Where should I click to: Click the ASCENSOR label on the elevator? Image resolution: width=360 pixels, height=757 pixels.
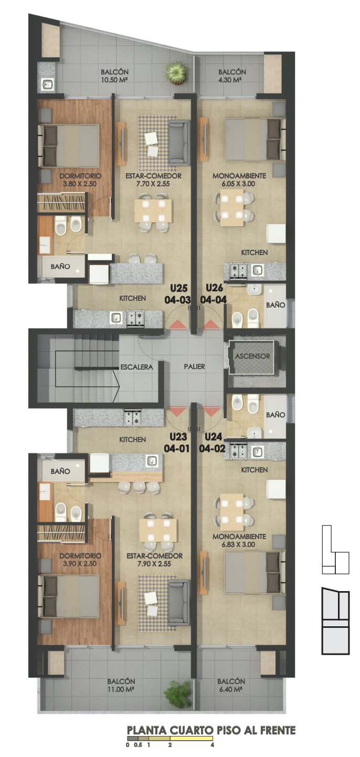252,356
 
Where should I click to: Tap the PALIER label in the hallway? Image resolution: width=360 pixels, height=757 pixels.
194,366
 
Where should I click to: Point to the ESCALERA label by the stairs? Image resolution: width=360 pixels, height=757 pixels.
136,367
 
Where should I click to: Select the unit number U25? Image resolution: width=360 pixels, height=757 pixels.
178,288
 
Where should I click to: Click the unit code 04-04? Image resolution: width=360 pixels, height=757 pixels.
213,300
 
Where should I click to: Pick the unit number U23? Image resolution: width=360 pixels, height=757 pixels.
178,437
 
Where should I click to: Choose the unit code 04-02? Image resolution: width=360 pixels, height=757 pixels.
212,448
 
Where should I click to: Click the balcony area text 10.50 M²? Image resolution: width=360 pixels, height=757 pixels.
114,80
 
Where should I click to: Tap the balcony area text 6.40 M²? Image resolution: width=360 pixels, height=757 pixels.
231,689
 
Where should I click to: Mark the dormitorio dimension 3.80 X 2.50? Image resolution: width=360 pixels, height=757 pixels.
80,184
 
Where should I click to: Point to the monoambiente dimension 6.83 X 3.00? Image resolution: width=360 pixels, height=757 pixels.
238,544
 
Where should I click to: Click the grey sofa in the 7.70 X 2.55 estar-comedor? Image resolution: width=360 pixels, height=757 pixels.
179,143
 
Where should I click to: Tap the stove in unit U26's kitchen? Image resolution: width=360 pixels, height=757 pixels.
238,270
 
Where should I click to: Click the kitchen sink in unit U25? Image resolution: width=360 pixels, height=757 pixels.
117,318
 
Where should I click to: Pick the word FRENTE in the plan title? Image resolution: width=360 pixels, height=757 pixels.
277,730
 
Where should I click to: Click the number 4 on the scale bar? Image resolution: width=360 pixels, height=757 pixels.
213,744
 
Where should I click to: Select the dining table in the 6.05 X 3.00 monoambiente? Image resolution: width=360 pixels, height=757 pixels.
231,207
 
